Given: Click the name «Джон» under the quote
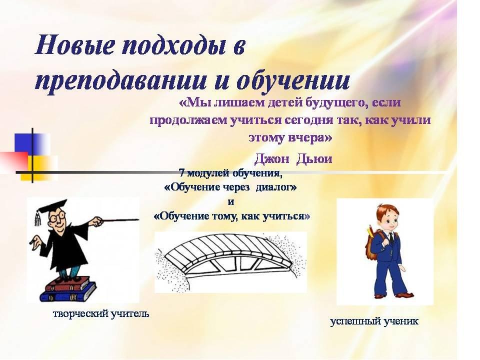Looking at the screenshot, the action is [271, 159].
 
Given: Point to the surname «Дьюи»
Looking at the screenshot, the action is [314, 159].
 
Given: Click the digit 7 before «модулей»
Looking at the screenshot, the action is [181, 173].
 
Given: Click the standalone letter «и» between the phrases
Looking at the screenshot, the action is [231, 202].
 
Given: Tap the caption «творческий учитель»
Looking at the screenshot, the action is [101, 314].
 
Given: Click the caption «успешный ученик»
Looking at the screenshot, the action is [374, 321].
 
